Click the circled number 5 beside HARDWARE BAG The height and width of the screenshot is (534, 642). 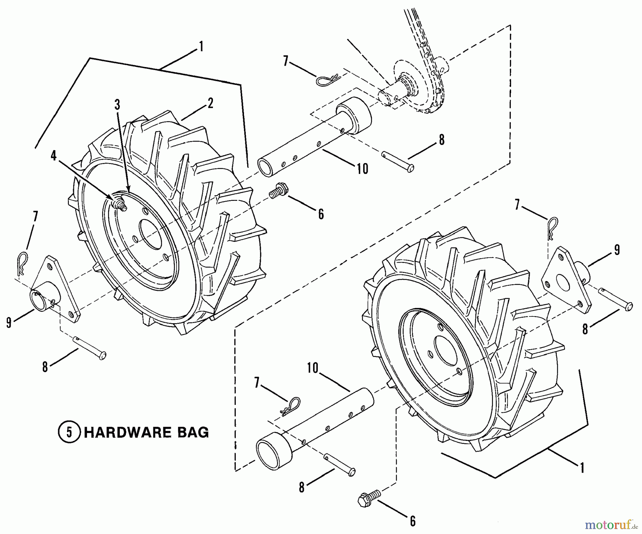[x=69, y=432]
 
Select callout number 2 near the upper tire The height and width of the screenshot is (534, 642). [x=210, y=103]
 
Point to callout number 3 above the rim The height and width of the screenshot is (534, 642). [x=117, y=105]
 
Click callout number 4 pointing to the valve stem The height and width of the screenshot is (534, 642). [x=53, y=156]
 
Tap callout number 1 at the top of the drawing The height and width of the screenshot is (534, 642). [x=201, y=46]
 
